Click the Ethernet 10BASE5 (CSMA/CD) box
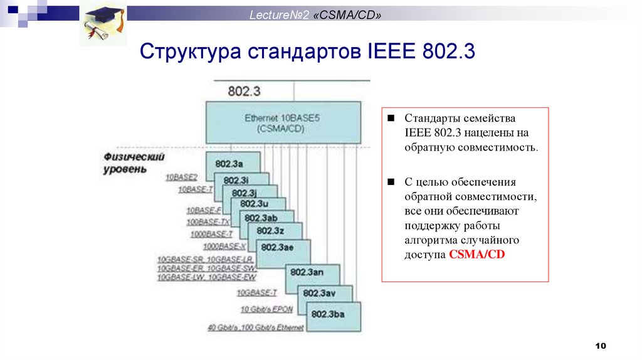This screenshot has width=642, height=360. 283,122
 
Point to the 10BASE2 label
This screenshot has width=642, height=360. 181,177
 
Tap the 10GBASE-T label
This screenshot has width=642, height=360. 256,293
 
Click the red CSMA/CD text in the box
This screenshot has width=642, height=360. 476,255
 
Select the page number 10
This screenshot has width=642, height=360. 601,346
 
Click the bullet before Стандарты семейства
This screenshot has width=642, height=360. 390,118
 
